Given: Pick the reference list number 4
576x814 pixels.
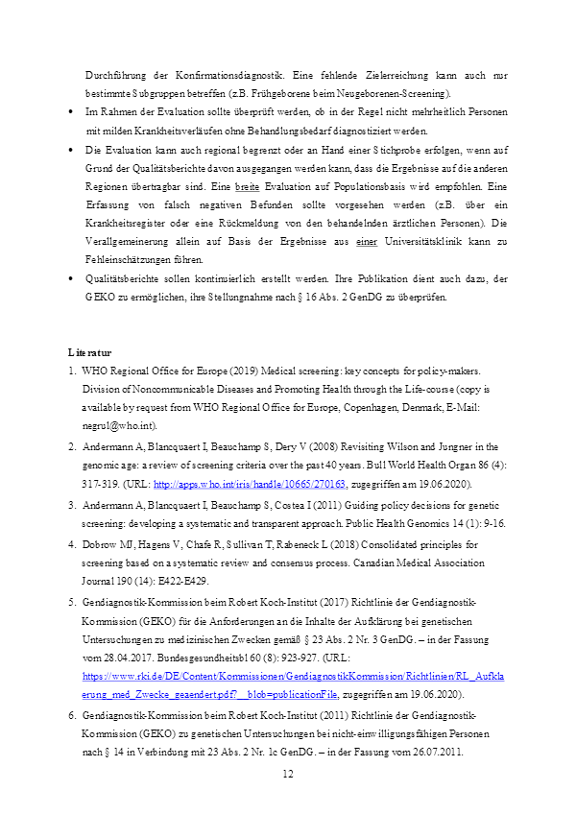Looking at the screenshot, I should point(72,543).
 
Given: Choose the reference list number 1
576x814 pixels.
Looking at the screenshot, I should point(72,371).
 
